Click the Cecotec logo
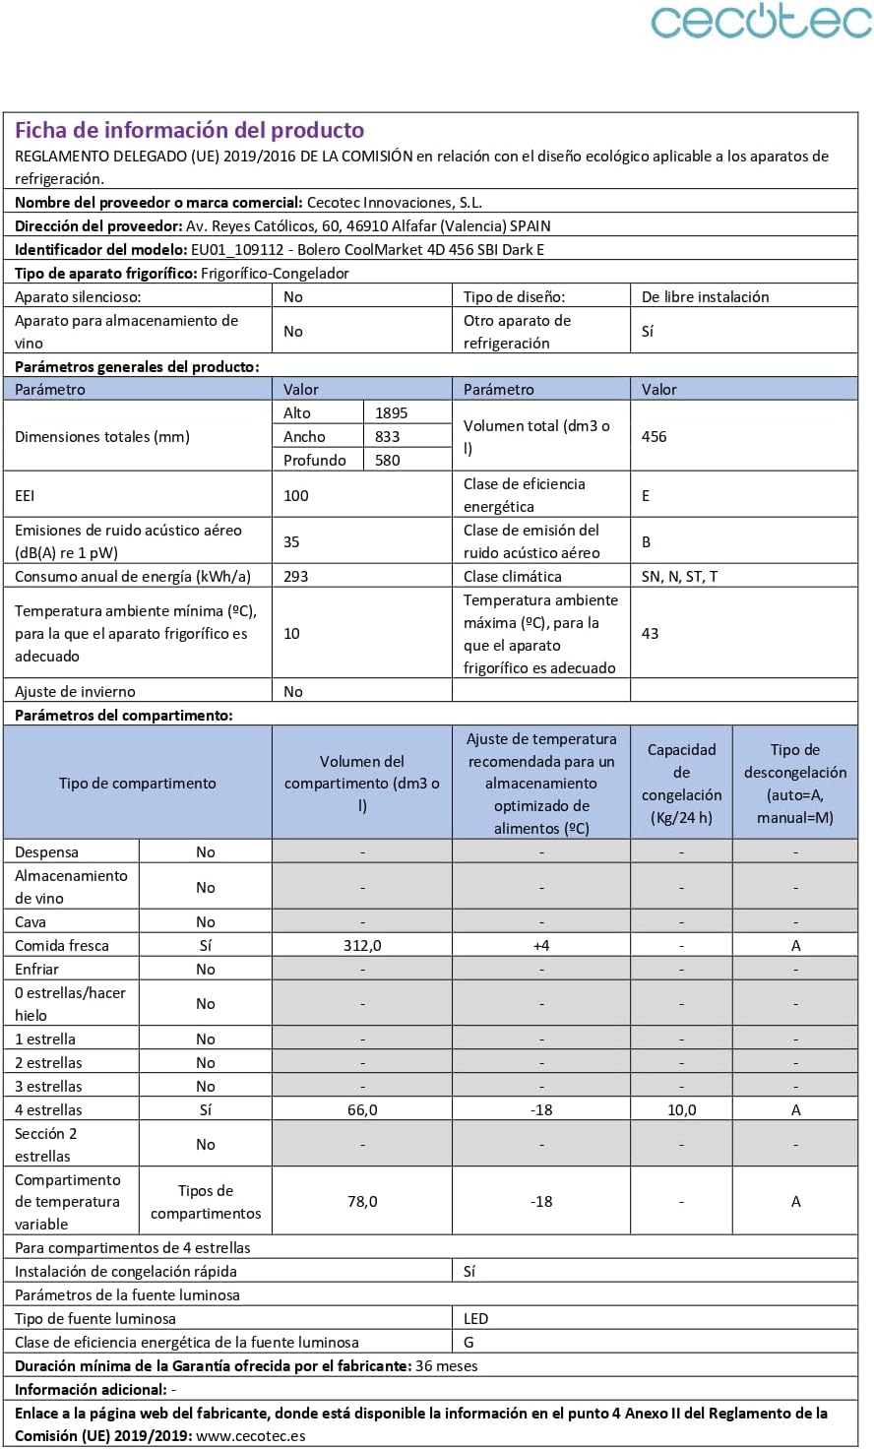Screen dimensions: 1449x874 pos(761,22)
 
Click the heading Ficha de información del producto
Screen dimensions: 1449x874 pos(189,130)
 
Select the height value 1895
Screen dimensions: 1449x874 pos(391,412)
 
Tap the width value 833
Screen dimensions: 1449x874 pos(388,436)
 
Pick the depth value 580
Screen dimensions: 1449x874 pos(388,460)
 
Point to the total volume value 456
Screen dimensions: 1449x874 pos(655,436)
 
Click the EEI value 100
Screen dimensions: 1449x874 pos(296,495)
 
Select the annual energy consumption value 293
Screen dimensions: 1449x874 pos(296,576)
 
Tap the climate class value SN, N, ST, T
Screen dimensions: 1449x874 pos(679,576)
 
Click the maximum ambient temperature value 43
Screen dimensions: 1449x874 pos(651,633)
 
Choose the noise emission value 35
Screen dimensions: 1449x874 pos(292,541)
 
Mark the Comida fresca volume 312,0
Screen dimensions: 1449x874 pos(362,945)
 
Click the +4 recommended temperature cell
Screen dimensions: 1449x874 pos(541,945)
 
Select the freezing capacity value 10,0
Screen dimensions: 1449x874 pos(681,1109)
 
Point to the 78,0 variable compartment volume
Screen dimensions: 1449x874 pos(362,1201)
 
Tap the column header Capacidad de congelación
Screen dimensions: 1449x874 pos(681,783)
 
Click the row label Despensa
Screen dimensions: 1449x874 pos(46,851)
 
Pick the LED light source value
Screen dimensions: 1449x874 pos(476,1318)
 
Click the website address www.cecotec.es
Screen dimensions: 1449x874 pos(250,1435)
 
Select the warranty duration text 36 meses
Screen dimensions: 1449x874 pos(447,1365)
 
